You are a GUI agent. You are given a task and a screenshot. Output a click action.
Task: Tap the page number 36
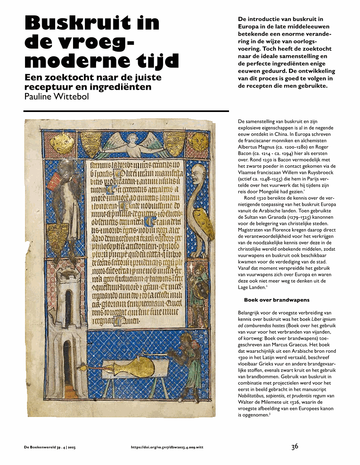coord(295,447)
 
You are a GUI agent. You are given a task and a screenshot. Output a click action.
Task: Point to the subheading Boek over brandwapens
coord(277,300)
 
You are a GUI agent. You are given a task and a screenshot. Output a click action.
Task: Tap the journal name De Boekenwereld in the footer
coord(41,448)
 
